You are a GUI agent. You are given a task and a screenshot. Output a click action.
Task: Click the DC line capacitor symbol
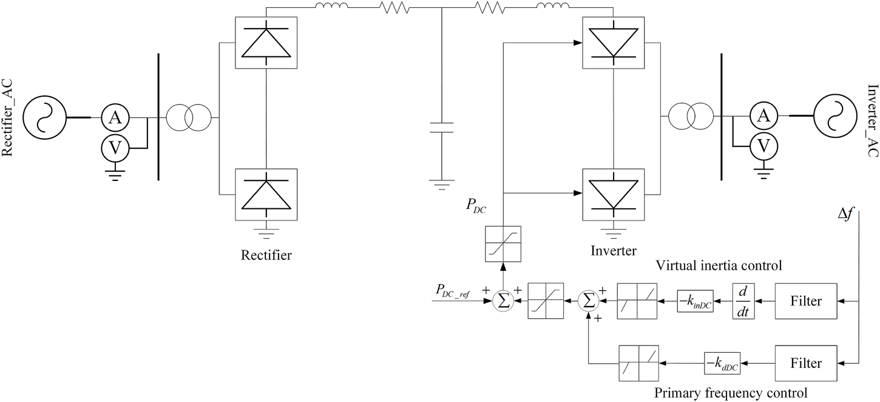click(441, 127)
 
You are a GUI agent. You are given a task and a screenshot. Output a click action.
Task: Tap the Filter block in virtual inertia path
click(805, 301)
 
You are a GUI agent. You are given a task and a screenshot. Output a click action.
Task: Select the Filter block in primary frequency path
click(805, 363)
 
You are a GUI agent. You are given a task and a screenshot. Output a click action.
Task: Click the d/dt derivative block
click(743, 301)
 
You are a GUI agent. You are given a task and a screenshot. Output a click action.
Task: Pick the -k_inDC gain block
click(696, 301)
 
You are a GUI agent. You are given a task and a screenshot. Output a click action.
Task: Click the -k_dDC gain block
click(722, 363)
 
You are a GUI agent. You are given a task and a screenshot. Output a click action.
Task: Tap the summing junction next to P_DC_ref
click(503, 301)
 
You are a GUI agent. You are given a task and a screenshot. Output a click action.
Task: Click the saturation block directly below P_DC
click(503, 244)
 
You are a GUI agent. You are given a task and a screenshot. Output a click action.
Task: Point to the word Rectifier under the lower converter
click(266, 255)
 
